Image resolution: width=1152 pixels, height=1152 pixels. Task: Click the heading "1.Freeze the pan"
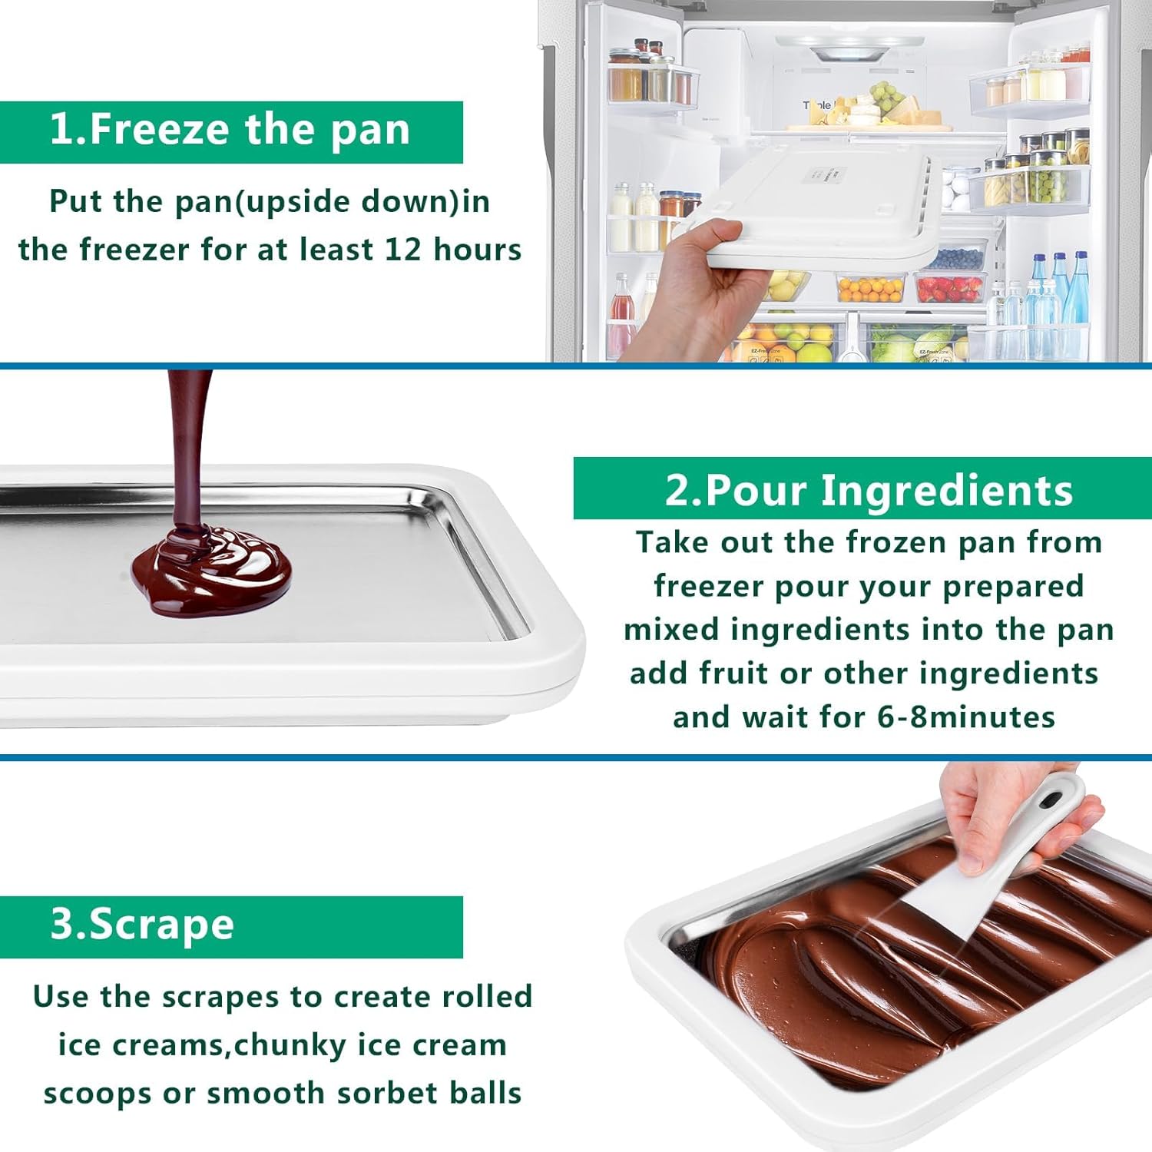[230, 130]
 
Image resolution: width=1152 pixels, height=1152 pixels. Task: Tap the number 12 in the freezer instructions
[402, 250]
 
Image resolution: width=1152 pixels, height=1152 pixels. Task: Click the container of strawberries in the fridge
[950, 289]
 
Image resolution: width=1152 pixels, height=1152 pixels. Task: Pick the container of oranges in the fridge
[870, 289]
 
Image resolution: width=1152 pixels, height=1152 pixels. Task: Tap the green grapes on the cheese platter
[887, 95]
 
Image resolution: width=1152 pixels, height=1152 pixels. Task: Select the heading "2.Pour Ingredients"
[868, 490]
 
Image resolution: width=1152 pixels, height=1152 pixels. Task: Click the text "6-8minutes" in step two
[966, 717]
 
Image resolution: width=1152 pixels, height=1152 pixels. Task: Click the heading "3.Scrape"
[143, 925]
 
